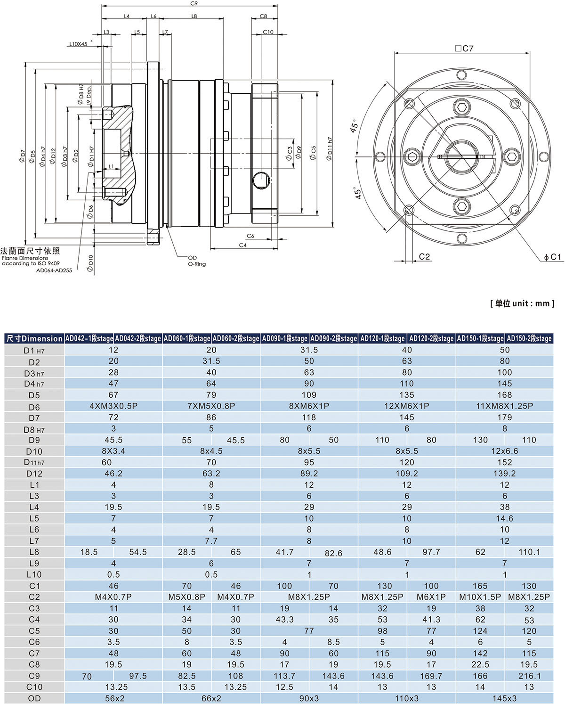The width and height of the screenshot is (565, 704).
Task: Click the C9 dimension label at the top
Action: coord(194,3)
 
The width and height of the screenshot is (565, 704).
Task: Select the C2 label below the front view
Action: coord(424,256)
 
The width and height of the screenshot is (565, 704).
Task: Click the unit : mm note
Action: coord(522,303)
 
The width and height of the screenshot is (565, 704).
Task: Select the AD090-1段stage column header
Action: coord(284,338)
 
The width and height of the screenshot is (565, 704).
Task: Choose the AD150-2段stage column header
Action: coord(528,338)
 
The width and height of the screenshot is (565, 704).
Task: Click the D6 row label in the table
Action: coord(34,407)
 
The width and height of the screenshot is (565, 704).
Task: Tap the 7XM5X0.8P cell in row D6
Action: coord(211,406)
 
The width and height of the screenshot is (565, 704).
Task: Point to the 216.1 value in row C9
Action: coord(529,676)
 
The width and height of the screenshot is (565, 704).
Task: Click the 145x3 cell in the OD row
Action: coord(504,698)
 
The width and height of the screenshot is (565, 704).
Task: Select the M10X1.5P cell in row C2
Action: coord(480,597)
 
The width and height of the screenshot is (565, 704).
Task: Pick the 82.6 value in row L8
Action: coord(333,553)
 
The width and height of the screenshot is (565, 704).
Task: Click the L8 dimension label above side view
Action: coord(194,16)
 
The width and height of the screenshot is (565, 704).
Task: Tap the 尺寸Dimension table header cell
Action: coord(34,338)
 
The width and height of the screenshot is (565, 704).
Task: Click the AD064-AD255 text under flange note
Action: coord(54,270)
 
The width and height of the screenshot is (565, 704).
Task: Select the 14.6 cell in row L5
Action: coord(504,518)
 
